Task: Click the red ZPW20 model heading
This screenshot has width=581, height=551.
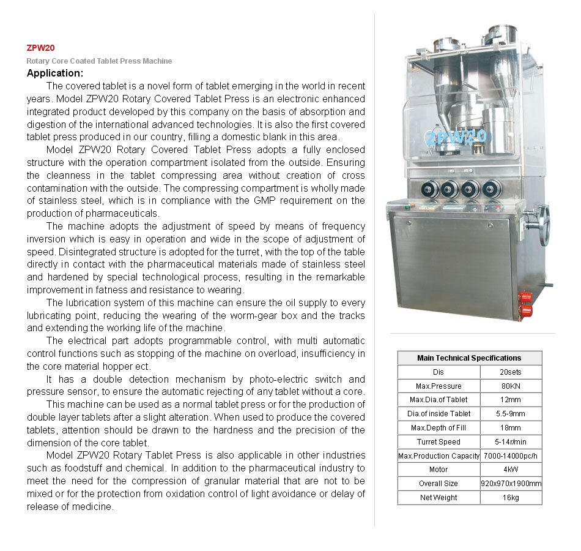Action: [x=41, y=48]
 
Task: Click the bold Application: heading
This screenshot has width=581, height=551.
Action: [x=59, y=73]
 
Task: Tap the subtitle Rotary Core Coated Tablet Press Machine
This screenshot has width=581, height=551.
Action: [x=99, y=61]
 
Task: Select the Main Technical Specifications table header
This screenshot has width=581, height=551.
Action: [x=469, y=358]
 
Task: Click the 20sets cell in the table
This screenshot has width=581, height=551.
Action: [x=511, y=372]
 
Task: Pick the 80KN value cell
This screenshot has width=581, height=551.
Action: [x=511, y=386]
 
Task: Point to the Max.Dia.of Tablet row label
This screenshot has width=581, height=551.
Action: [x=439, y=400]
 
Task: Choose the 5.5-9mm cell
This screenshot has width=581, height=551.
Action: [x=511, y=414]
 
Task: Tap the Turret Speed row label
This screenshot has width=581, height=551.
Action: [x=439, y=441]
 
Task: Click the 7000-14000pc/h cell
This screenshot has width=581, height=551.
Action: [x=511, y=455]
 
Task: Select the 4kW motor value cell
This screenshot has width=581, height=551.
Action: [x=511, y=470]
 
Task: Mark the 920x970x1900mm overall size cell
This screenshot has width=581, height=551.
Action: [x=511, y=484]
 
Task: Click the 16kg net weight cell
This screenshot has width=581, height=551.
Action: [x=511, y=498]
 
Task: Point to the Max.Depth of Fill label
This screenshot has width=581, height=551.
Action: [x=439, y=428]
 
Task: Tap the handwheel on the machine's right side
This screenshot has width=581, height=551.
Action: [x=544, y=224]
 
